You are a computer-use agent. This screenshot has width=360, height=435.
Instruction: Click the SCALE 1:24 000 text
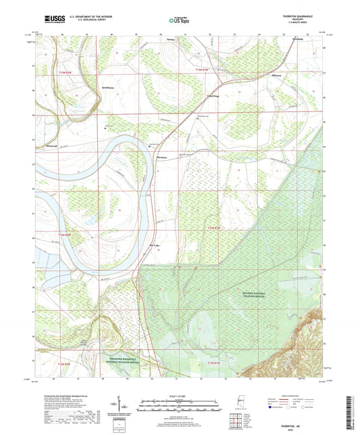click(180, 396)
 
